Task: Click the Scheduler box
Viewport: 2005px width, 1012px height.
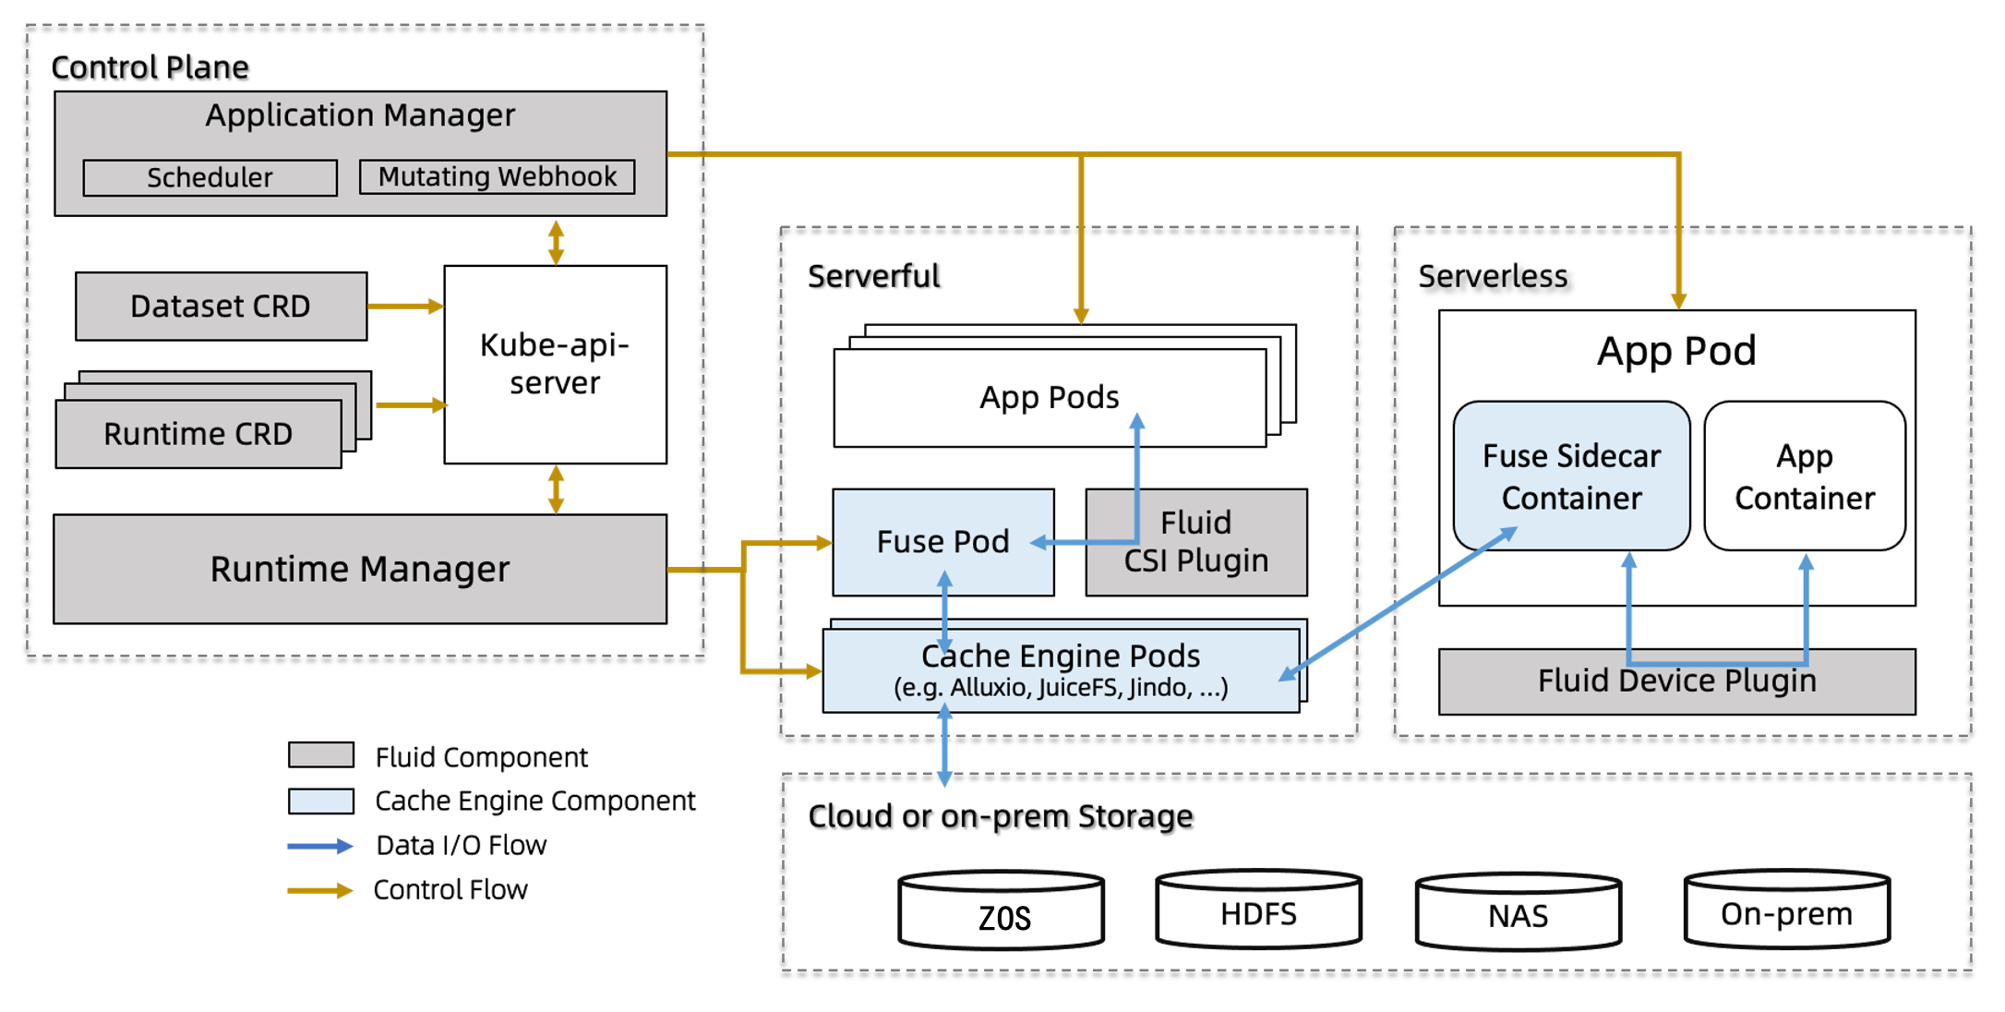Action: pos(210,177)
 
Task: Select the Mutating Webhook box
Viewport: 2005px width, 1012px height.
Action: pos(497,176)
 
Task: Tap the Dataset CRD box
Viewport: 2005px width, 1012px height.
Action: pos(221,306)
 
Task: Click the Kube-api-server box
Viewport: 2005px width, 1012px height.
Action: pos(555,364)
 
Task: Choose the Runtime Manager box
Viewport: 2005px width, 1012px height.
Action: pos(359,569)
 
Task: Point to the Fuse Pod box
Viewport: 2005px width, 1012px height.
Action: pos(942,542)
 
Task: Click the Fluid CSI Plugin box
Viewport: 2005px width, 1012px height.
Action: pos(1195,542)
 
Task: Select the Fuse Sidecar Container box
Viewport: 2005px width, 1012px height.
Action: pos(1571,476)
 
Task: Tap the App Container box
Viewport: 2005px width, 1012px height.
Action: pos(1804,476)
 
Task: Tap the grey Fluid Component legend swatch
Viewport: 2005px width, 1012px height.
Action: pos(320,755)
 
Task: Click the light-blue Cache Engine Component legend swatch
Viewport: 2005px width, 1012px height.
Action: pos(320,801)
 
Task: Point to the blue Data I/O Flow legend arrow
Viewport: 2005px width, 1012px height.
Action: pos(319,846)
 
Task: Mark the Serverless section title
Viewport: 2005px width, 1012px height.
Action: pos(1493,276)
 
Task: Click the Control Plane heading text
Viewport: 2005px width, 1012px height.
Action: pos(150,67)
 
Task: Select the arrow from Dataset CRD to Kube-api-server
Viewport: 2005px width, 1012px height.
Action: pos(405,306)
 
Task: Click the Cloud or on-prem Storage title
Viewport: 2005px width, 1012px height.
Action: pos(1000,816)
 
